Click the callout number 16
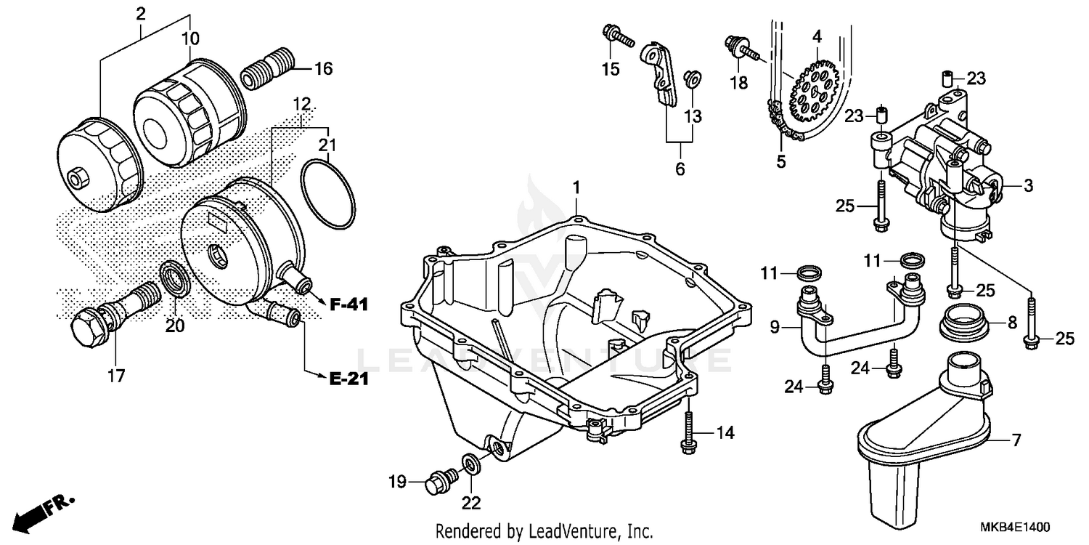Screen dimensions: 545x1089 323,69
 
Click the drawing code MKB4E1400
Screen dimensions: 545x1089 1019,526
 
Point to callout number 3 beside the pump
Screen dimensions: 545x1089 1028,186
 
